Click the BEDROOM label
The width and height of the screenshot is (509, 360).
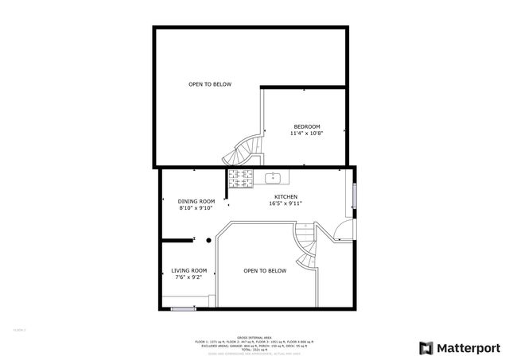(x=307, y=127)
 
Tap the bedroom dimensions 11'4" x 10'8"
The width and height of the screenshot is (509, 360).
(x=307, y=134)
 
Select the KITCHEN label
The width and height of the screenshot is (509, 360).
(x=286, y=196)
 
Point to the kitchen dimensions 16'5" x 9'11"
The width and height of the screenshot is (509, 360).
(x=286, y=203)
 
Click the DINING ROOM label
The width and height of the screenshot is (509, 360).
(x=196, y=201)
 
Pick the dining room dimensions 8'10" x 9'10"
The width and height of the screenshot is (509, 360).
(x=196, y=208)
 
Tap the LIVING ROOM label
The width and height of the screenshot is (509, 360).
(x=189, y=270)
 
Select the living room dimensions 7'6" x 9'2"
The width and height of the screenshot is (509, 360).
(x=189, y=277)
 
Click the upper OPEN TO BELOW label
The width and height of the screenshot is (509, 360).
(x=210, y=84)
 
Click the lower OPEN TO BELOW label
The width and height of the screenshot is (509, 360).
(x=265, y=271)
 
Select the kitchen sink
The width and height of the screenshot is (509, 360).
(x=273, y=177)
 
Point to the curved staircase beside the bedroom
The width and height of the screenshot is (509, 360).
(x=244, y=149)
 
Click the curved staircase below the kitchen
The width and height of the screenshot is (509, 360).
(x=305, y=246)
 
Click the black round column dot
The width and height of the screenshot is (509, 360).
(x=208, y=239)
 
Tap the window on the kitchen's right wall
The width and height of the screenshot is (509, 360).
(x=355, y=198)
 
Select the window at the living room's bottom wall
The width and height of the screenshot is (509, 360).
(x=184, y=308)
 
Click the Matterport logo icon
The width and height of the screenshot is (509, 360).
(x=426, y=347)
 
